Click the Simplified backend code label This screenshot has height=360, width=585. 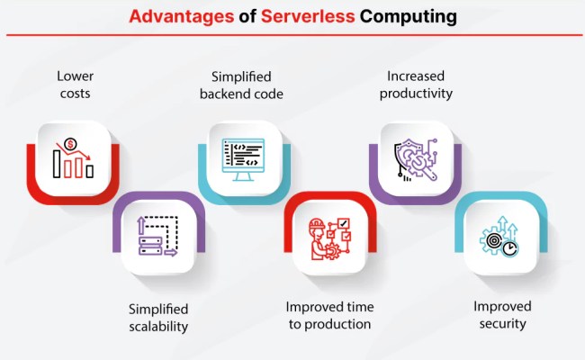click(242, 85)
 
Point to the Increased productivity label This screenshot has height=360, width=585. click(415, 85)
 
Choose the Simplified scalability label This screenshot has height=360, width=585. click(157, 318)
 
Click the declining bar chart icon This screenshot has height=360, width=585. click(72, 159)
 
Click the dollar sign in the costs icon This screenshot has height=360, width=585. click(67, 144)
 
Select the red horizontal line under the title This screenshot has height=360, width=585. click(292, 35)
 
